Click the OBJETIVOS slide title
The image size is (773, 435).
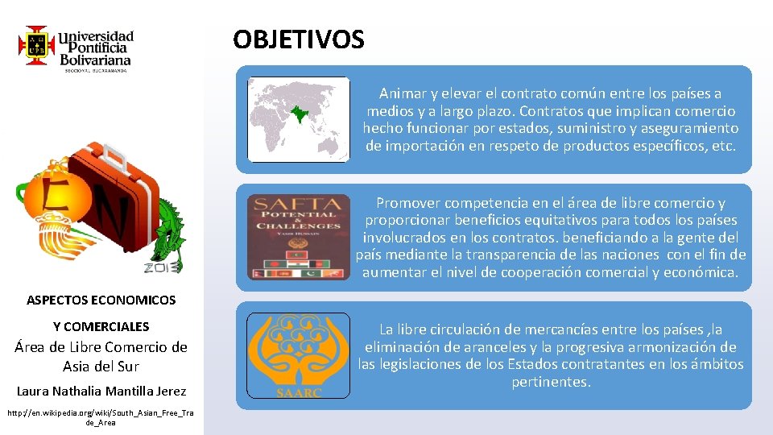[299, 39]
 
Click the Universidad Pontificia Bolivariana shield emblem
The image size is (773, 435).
[36, 45]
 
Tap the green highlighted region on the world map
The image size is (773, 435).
[302, 114]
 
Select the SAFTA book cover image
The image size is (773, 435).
[299, 238]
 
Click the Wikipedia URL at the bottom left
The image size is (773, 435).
[101, 417]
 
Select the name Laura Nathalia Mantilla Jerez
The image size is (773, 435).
[101, 391]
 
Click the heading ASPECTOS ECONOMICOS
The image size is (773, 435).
[101, 300]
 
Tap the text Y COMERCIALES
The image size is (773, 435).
[101, 326]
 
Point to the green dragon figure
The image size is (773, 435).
[172, 230]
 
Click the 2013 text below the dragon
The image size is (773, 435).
[164, 267]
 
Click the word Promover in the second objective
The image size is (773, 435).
[408, 203]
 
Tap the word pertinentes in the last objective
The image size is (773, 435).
[552, 382]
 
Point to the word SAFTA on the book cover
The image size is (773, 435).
[298, 205]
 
